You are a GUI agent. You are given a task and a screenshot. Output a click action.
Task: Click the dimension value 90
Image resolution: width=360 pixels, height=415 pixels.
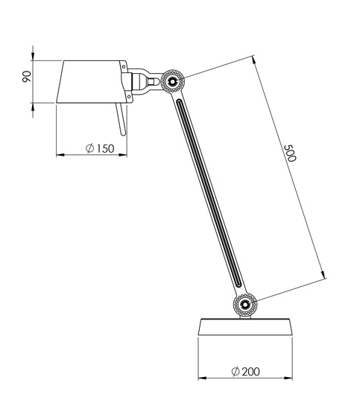pos(27,77)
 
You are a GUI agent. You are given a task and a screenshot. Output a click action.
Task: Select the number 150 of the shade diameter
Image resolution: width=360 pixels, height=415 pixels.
pos(104,149)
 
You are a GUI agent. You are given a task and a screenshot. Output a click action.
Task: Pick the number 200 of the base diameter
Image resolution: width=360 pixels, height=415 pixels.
pos(251,372)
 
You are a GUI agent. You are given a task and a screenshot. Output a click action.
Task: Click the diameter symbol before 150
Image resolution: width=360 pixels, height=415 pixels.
pos(89,149)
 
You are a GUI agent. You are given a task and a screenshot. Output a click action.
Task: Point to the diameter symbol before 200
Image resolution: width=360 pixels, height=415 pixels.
pos(235,372)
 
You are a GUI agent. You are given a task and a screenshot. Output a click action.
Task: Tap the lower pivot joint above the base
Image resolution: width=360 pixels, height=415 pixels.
pos(244,303)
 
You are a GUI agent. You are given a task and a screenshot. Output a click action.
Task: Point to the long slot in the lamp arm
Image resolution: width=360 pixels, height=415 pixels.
pos(209,194)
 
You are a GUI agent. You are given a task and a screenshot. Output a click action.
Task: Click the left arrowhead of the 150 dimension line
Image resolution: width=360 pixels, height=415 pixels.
pos(60,156)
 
